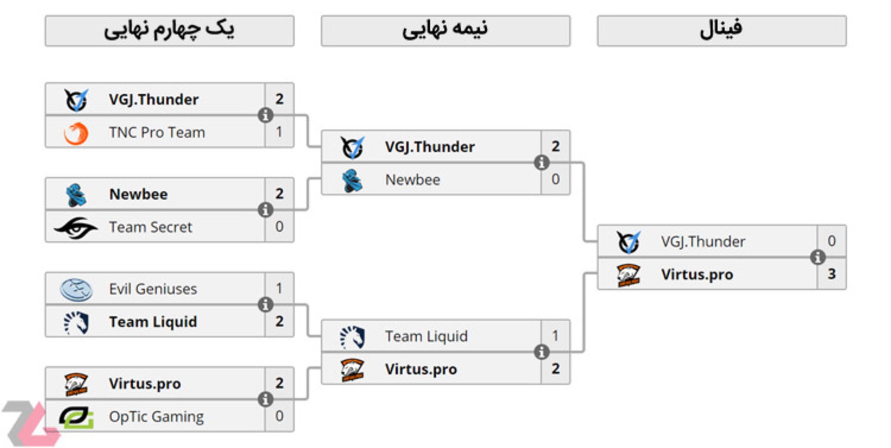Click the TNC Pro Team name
click(156, 132)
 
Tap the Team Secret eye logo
click(76, 227)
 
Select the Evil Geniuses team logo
click(76, 289)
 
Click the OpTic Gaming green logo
click(77, 416)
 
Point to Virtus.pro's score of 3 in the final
click(831, 274)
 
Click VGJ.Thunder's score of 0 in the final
click(831, 240)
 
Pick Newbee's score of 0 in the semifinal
click(555, 179)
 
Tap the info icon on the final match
click(817, 257)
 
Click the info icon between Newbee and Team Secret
click(265, 210)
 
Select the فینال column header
click(721, 31)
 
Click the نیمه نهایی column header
click(445, 31)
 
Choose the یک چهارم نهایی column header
click(169, 31)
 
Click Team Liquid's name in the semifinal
click(426, 336)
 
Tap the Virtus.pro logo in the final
click(628, 275)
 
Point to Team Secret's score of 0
click(279, 227)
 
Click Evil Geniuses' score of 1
click(279, 288)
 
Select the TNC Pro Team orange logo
click(76, 133)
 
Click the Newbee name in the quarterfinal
click(138, 194)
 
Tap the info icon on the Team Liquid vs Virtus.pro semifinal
click(541, 352)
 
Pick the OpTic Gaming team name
click(156, 416)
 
